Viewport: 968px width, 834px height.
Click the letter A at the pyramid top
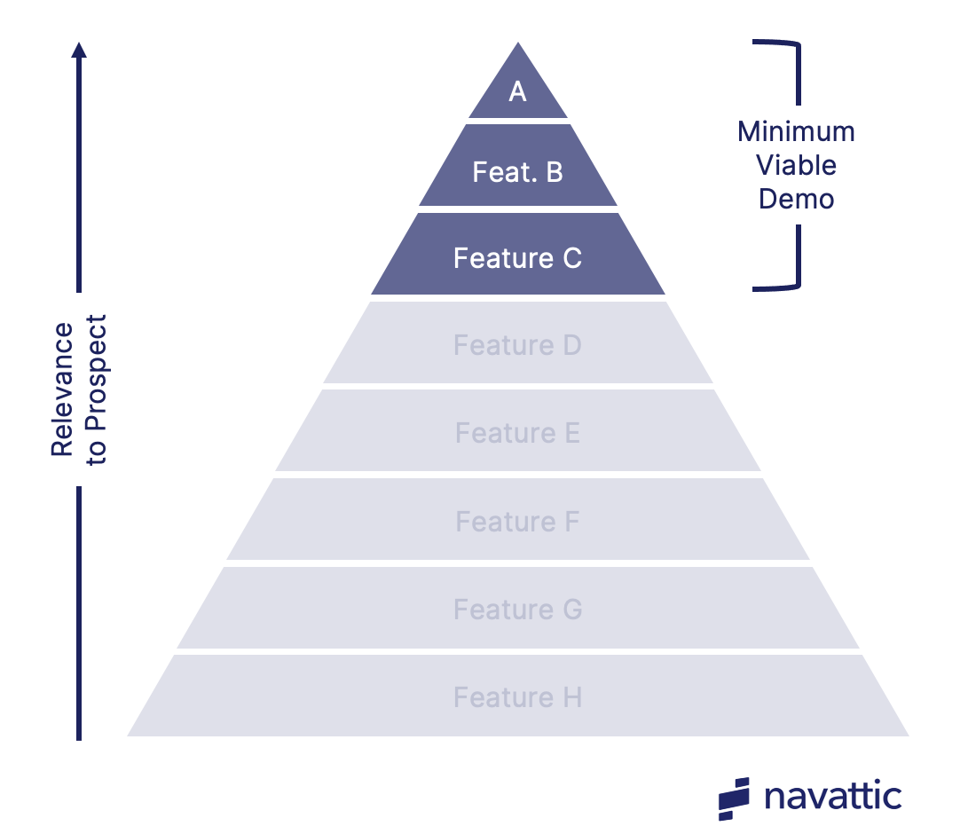pos(517,90)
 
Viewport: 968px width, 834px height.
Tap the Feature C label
pos(517,257)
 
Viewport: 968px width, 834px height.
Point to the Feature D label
pos(517,344)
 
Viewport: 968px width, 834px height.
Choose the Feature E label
pos(517,433)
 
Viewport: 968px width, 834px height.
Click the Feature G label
pos(517,610)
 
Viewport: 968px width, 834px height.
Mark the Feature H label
pos(517,697)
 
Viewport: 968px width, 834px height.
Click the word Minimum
pos(796,132)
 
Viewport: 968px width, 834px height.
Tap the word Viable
pos(796,165)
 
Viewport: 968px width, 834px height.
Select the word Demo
pos(796,199)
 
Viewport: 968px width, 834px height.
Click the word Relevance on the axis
pos(62,389)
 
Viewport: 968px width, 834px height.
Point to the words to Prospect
pos(96,389)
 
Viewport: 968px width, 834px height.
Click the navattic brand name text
pos(832,796)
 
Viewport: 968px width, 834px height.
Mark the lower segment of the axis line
pos(79,612)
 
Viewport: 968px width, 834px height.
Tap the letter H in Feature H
pos(571,697)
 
